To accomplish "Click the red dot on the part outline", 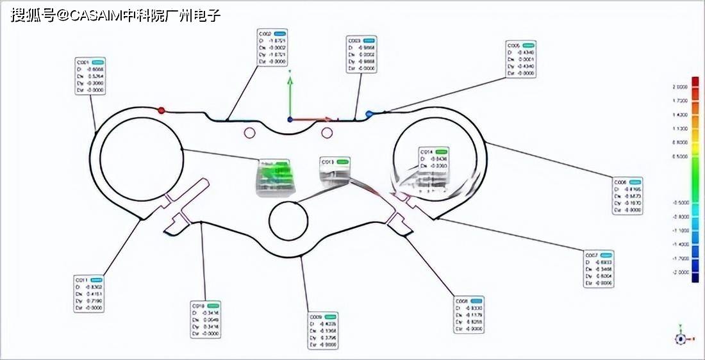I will pos(162,110).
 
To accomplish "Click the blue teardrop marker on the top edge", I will pos(369,114).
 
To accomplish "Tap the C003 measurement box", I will pos(361,54).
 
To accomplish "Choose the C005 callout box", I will pos(520,60).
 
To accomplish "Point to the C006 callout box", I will pos(627,195).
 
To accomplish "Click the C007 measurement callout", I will pos(599,268).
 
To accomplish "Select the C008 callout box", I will pos(469,315).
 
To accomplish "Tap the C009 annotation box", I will pos(324,330).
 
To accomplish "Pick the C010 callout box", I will pos(206,319).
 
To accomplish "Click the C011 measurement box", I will pos(89,294).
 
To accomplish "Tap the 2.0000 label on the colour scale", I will pos(680,86).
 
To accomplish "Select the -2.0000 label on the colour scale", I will pos(679,272).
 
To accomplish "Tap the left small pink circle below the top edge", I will pos(250,133).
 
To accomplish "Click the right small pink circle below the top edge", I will pos(327,133).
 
